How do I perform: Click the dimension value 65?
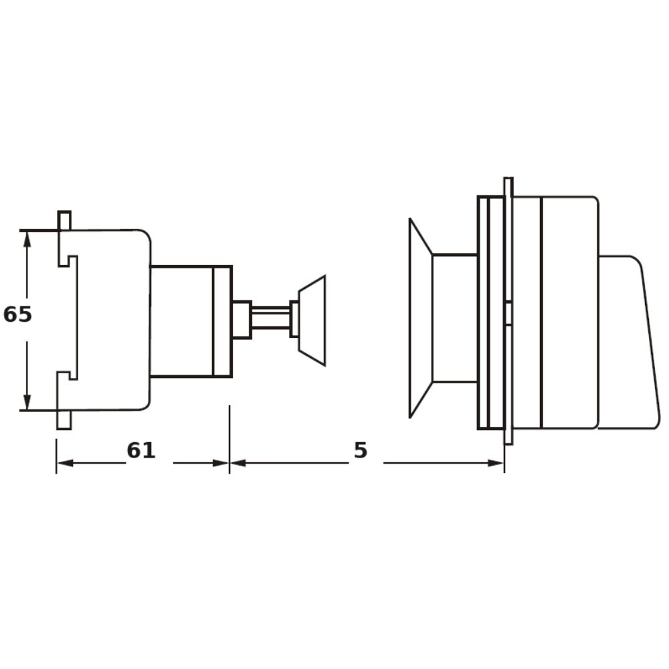(17, 314)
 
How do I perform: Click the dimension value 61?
(140, 450)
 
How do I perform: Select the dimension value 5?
(361, 450)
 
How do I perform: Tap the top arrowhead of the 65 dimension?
(27, 240)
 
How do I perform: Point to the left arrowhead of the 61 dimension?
(65, 463)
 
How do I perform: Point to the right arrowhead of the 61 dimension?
(221, 463)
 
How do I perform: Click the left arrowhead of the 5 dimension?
(238, 463)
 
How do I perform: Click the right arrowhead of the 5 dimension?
(496, 463)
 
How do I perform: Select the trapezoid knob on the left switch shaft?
(312, 320)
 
